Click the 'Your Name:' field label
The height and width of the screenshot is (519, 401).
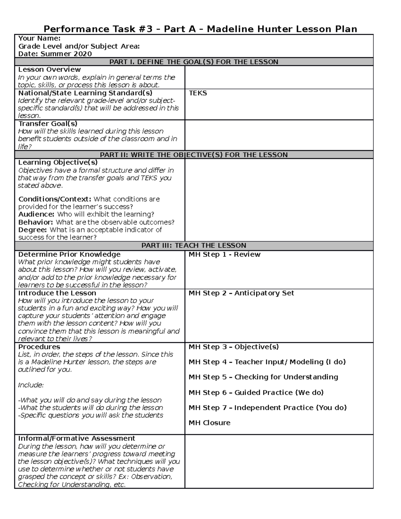(39, 38)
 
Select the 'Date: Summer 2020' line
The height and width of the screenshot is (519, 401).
(55, 54)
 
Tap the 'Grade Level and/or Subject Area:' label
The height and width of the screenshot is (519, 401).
(79, 46)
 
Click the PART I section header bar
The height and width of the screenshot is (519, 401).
(194, 62)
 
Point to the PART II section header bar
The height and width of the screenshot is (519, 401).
(194, 155)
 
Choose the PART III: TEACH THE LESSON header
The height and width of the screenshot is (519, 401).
(194, 245)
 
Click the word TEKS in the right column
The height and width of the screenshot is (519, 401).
(198, 93)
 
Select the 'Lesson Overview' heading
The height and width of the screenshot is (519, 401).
(49, 70)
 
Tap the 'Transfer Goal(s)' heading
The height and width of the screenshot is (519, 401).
(48, 123)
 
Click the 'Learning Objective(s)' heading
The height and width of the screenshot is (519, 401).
(58, 162)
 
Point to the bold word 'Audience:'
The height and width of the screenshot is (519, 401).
(36, 214)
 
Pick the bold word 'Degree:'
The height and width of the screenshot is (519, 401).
(32, 230)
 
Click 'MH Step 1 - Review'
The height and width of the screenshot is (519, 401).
(224, 254)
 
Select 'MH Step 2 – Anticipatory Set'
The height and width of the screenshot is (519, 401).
(241, 293)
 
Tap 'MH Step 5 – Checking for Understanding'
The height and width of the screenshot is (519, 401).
(263, 377)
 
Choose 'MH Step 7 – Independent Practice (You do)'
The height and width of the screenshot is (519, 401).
(267, 407)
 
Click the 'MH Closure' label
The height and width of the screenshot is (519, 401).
(209, 423)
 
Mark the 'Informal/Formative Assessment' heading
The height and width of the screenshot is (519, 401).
(77, 438)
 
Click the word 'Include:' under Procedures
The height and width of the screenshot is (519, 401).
(31, 385)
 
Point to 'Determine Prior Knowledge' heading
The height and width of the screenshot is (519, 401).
(69, 254)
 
